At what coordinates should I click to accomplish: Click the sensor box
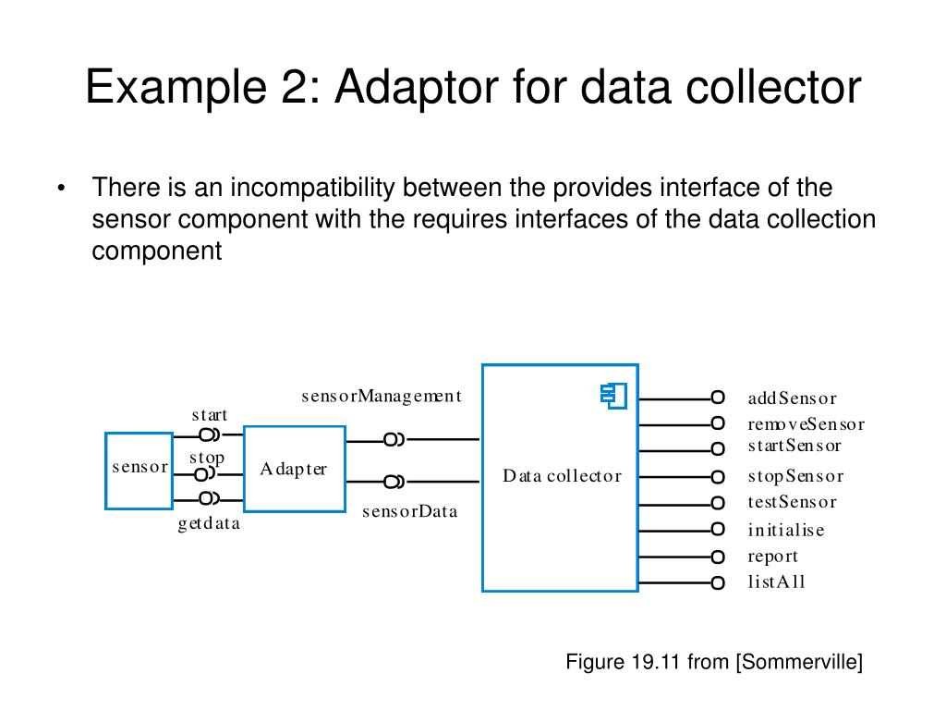point(139,470)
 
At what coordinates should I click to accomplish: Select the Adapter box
point(294,469)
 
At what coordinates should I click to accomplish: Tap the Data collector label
point(562,476)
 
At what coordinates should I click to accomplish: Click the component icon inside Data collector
point(612,396)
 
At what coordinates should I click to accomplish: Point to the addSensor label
point(792,398)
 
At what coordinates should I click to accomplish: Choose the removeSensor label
point(806,424)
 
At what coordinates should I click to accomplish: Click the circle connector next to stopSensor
point(718,477)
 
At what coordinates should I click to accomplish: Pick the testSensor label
point(792,502)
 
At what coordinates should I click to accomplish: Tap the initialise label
point(786,530)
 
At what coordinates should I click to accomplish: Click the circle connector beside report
point(718,557)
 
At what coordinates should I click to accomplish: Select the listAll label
point(776,582)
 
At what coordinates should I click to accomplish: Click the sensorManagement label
point(381,397)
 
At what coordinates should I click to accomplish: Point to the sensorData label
point(409,511)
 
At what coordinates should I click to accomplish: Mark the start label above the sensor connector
point(210,415)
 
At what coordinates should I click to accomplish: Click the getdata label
point(209,524)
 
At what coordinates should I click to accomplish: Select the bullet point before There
point(61,189)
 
